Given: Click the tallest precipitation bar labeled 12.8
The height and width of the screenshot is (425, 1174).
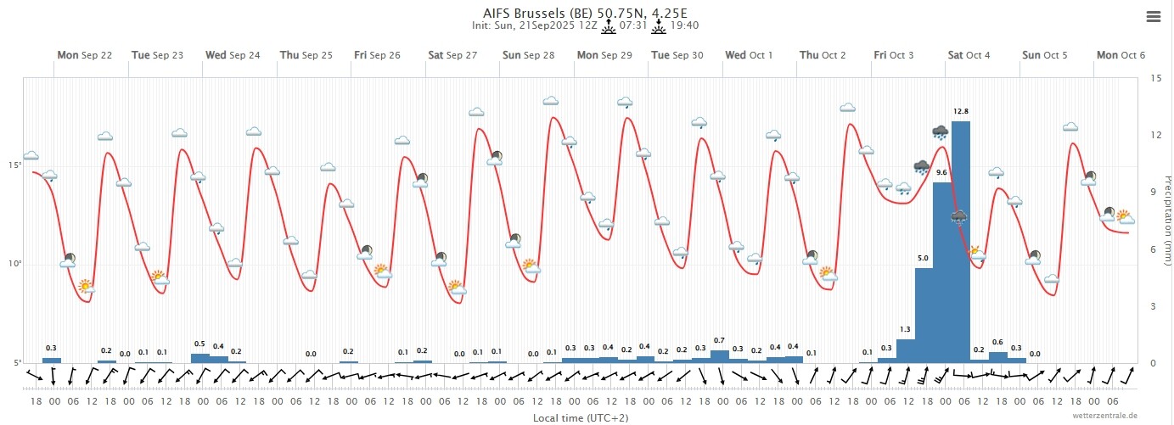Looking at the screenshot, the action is [961, 242].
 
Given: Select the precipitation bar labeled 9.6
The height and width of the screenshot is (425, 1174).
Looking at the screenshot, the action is [942, 272].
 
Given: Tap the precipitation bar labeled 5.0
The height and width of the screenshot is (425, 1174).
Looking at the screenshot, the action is [924, 316].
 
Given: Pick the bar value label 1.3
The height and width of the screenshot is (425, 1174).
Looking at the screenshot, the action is [905, 330].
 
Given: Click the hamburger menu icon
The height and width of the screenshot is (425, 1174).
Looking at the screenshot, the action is [1154, 17].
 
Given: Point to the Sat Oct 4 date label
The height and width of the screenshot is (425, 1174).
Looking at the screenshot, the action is [969, 55].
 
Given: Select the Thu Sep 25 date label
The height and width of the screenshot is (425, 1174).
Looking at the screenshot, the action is [306, 55].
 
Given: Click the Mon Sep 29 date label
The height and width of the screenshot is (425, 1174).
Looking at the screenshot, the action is [604, 55].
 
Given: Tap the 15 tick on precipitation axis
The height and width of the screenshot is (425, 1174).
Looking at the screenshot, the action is [1152, 78].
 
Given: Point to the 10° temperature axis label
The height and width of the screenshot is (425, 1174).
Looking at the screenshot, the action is [14, 264].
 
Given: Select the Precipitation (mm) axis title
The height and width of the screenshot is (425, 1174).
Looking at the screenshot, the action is [1167, 221].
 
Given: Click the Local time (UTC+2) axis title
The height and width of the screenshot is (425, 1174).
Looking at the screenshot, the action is [581, 417].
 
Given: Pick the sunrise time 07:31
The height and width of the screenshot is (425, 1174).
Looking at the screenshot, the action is [633, 25].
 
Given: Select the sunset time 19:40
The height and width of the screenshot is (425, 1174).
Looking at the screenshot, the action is [684, 25].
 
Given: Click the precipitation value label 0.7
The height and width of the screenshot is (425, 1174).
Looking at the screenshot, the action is [719, 341].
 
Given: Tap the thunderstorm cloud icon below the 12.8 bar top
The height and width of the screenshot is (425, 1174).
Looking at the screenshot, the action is [959, 217].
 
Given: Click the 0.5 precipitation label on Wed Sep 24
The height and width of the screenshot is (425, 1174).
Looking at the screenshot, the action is [199, 344].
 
